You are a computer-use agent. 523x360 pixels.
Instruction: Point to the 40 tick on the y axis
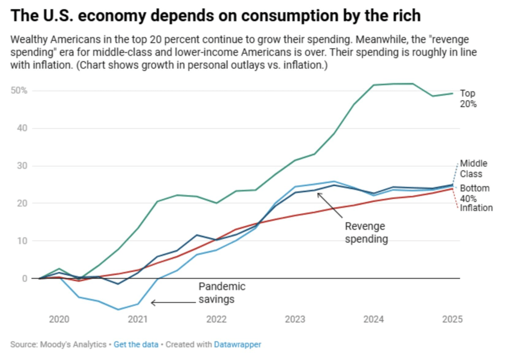(21, 128)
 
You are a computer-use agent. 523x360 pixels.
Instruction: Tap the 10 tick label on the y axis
(21, 241)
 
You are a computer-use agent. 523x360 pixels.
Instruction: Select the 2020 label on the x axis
(59, 320)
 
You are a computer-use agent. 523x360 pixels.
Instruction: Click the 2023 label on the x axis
(295, 320)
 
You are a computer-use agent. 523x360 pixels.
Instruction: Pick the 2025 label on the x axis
(452, 320)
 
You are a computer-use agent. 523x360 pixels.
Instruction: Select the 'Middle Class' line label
(473, 169)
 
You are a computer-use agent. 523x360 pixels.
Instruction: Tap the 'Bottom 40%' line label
(474, 193)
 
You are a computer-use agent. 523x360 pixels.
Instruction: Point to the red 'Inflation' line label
(477, 208)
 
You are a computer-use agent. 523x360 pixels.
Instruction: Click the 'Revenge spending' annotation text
(365, 232)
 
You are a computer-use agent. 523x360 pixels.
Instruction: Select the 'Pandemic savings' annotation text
(222, 293)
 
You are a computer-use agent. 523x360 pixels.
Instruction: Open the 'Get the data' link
(136, 344)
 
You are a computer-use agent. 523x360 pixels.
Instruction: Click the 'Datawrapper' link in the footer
(237, 344)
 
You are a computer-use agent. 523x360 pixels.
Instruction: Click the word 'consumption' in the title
(266, 15)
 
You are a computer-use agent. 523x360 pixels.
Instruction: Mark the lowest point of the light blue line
(118, 309)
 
